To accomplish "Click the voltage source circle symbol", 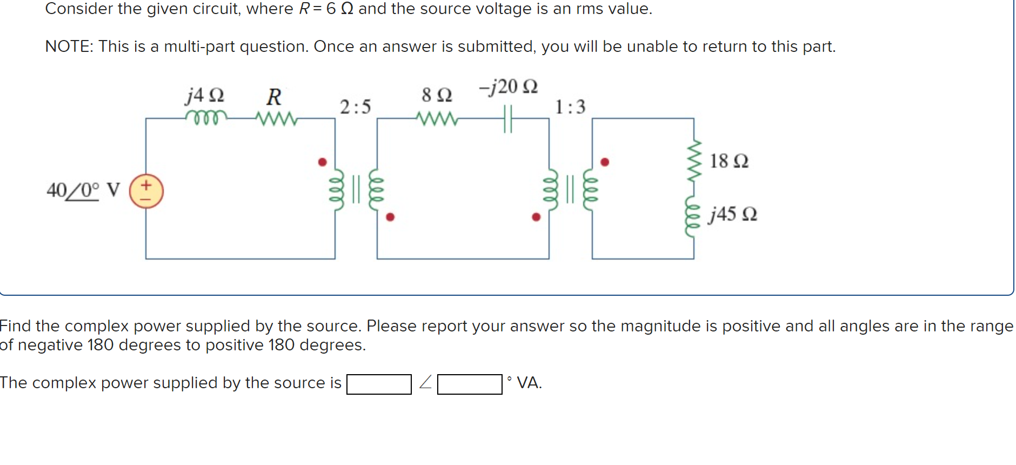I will (146, 191).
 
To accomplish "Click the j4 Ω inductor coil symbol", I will (206, 117).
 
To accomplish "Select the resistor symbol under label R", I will (276, 118).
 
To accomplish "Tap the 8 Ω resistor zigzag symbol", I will (437, 118).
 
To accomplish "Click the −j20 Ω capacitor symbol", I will (507, 119).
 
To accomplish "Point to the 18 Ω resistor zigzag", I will (694, 160).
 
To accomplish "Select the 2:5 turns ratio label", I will (355, 107).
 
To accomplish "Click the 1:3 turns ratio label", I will (570, 107).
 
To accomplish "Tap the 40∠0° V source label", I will (83, 190).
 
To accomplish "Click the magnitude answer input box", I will (379, 384).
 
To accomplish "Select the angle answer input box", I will (470, 384).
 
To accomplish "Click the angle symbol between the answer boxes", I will (425, 383).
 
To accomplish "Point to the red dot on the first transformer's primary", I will (323, 162).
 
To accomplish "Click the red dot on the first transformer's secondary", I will (390, 217).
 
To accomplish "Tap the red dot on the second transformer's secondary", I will (605, 162).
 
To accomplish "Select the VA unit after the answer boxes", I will (529, 383).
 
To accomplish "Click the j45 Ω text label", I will (733, 214).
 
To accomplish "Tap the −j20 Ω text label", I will (508, 87).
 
